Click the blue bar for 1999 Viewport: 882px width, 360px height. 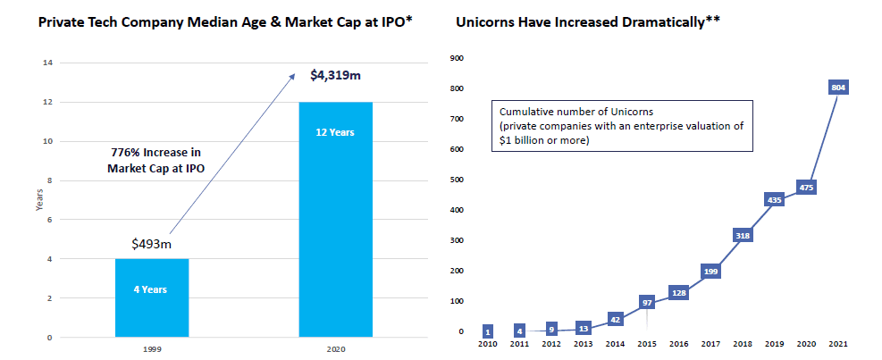152,297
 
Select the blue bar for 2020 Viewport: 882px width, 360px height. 335,219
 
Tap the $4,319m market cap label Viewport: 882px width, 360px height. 335,76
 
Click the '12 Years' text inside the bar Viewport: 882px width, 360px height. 335,133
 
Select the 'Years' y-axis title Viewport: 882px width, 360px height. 38,200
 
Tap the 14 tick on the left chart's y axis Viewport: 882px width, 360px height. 47,63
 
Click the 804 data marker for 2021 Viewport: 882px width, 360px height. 838,88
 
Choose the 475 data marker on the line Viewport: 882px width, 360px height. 807,188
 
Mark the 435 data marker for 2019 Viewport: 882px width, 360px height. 775,200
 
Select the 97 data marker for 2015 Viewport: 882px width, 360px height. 647,302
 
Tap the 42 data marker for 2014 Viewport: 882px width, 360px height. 616,319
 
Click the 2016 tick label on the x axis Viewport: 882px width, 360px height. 679,343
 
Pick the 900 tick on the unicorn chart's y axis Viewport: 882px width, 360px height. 457,58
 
